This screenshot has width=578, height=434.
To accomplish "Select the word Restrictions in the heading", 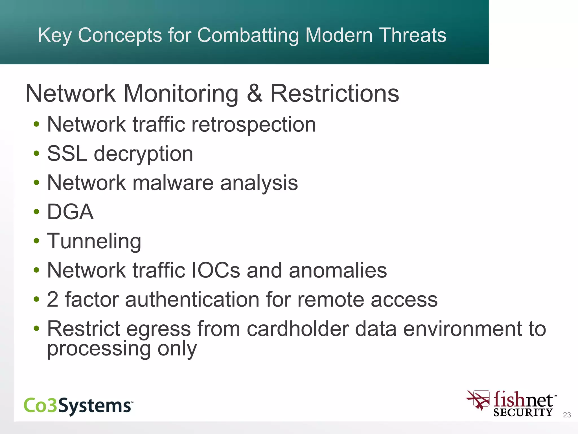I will [335, 94].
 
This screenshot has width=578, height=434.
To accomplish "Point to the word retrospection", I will [253, 125].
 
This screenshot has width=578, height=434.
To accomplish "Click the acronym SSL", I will [67, 154].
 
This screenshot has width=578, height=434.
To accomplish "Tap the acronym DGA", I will [70, 212].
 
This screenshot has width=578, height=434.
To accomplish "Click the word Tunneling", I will [94, 242].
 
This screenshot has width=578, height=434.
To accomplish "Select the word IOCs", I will [216, 270].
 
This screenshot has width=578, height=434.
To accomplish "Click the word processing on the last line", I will [99, 349].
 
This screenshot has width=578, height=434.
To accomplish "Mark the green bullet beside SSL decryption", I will [36, 154].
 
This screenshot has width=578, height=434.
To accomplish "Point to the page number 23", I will [567, 415].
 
